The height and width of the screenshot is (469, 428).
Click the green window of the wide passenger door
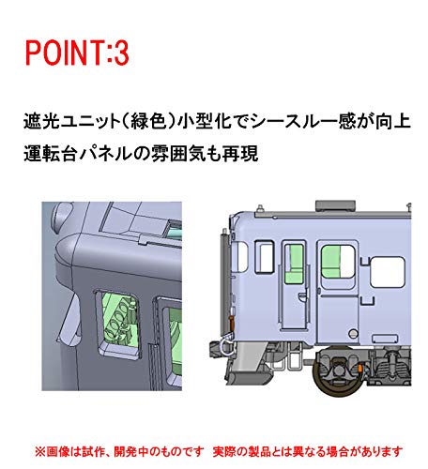[335, 260]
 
